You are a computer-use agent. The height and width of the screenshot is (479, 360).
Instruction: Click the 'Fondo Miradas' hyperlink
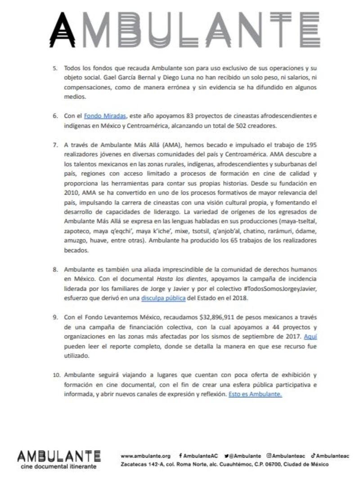(105, 116)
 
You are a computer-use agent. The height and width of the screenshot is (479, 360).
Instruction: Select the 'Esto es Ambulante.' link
(255, 394)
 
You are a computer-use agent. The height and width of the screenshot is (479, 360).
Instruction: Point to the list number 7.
(55, 145)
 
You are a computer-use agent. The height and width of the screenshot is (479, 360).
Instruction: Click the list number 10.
(56, 375)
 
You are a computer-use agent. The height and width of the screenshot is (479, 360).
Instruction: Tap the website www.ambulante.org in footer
(145, 456)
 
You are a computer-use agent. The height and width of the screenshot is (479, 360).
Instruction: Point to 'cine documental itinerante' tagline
(58, 467)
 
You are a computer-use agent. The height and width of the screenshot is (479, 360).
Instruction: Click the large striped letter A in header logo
(63, 30)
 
